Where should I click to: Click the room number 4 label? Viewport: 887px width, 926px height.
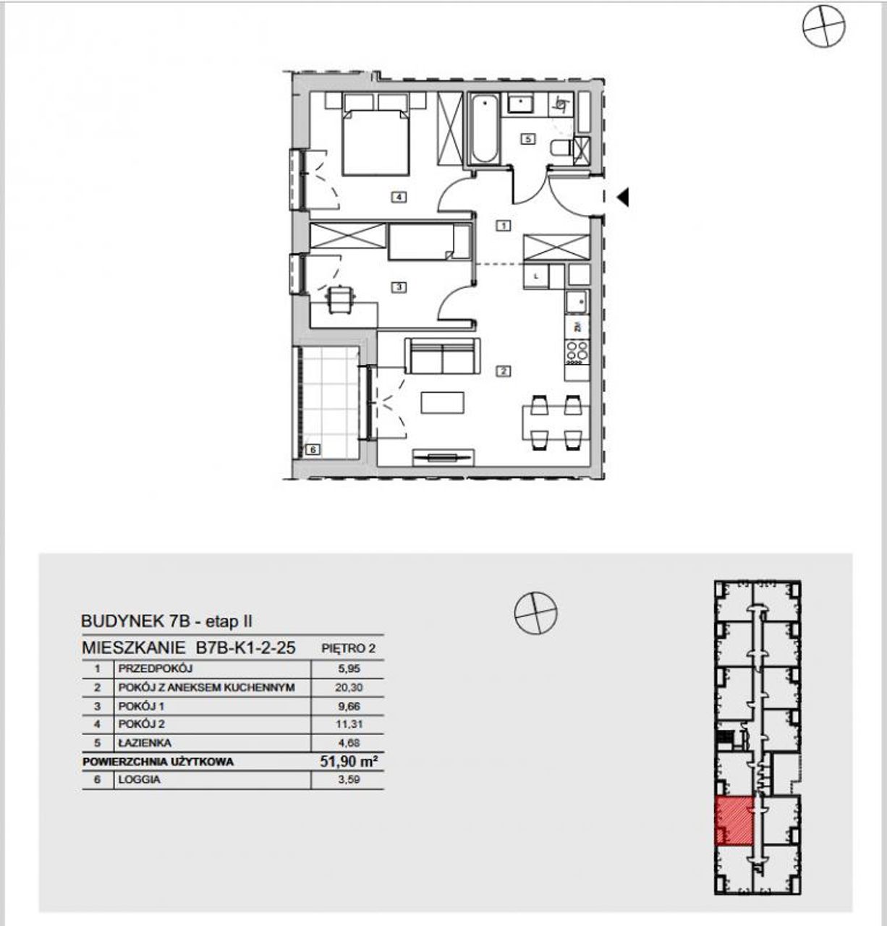click(399, 196)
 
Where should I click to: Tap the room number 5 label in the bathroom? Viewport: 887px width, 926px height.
click(528, 139)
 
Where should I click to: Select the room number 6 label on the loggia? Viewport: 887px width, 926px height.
click(313, 449)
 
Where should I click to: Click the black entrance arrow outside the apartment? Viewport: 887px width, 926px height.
click(623, 197)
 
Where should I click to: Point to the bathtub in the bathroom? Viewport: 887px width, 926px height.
click(485, 129)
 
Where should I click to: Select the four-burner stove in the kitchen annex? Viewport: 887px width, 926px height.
click(577, 352)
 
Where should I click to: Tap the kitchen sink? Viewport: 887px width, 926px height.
click(577, 302)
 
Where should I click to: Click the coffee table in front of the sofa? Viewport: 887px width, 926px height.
click(443, 402)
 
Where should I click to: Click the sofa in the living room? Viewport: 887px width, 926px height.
click(443, 356)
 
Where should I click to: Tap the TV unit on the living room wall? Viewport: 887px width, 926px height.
click(443, 457)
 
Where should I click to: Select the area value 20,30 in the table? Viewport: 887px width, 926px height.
click(349, 687)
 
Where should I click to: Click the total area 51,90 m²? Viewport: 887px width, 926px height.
click(349, 761)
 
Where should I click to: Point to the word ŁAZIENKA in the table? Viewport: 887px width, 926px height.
click(145, 743)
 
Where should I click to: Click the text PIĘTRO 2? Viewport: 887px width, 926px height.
click(348, 649)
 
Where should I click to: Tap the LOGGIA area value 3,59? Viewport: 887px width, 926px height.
click(349, 779)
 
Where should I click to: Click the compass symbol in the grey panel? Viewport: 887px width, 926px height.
click(536, 613)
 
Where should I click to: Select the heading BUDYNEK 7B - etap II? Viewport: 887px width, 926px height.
click(166, 621)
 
